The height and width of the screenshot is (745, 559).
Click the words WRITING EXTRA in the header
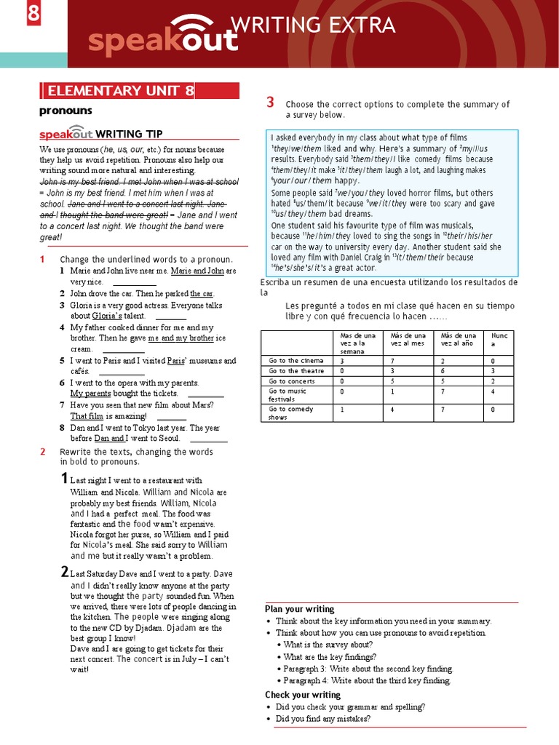[x=313, y=26]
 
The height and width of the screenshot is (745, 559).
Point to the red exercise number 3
[x=270, y=103]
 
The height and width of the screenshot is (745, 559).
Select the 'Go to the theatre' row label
[x=296, y=370]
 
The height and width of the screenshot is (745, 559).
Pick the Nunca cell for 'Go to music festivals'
[x=493, y=391]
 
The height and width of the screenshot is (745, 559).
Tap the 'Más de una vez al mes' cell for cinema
[x=392, y=360]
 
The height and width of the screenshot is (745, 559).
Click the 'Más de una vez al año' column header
[x=459, y=339]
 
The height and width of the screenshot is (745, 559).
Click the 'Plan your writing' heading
[x=299, y=609]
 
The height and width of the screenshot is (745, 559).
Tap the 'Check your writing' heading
[x=302, y=695]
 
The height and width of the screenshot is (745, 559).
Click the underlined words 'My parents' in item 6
[x=90, y=394]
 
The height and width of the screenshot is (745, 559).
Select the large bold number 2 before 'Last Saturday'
[x=65, y=573]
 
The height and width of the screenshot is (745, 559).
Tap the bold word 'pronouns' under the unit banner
[x=66, y=111]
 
